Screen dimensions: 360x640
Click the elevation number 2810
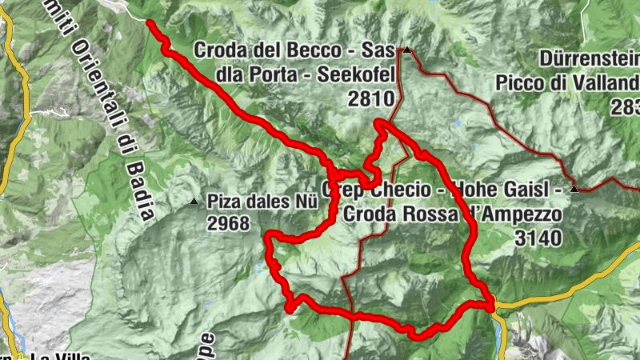[373, 98]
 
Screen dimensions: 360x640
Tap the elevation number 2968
[228, 223]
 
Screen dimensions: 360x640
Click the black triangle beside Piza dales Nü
[194, 202]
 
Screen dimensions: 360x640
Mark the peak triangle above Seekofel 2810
[407, 51]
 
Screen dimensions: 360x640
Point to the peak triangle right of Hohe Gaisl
[574, 190]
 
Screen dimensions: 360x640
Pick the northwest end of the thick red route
[150, 23]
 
